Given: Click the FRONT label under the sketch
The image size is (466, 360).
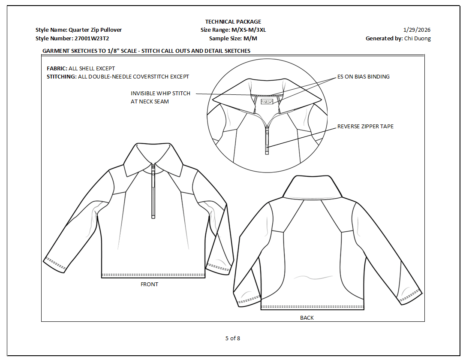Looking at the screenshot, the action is pos(149,284).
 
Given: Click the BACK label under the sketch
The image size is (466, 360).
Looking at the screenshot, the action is pos(307,318).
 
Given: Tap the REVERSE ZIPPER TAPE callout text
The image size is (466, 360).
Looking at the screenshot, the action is pos(365,127).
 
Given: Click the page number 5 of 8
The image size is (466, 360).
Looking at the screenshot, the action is pos(233,338).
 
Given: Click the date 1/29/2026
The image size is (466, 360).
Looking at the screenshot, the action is pos(417,30).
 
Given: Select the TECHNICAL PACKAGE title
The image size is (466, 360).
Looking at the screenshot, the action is pos(233,21).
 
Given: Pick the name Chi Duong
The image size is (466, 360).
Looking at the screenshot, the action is pos(418,38).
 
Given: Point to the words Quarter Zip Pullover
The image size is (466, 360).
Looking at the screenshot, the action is pos(95,30).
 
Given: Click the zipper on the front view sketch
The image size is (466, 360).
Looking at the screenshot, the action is pos(153,193).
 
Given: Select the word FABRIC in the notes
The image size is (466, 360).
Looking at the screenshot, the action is pos(56,68).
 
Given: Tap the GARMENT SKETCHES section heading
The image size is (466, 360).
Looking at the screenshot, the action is pos(146,51).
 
